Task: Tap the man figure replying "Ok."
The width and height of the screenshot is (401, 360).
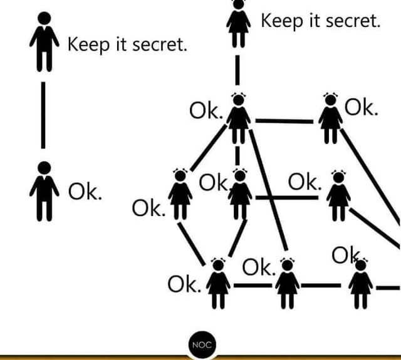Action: (x=43, y=191)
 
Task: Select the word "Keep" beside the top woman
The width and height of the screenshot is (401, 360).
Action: (x=279, y=21)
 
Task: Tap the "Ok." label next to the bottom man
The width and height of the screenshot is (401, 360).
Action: (x=84, y=192)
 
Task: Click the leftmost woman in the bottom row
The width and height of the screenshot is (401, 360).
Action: (x=218, y=285)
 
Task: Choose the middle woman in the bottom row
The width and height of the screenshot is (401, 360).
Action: (x=287, y=285)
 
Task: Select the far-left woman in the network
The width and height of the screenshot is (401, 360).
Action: (x=180, y=194)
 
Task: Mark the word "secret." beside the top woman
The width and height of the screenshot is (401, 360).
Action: (x=351, y=21)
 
